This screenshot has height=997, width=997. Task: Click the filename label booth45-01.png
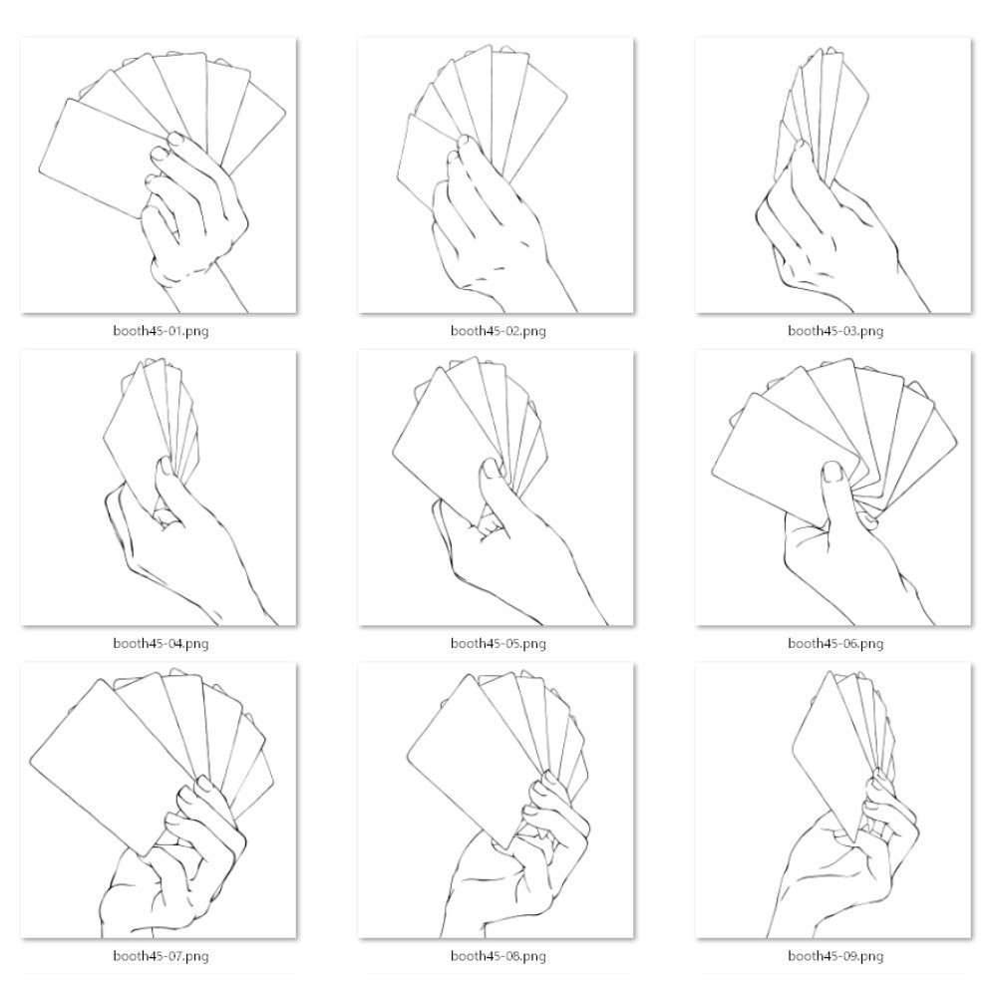pos(161,331)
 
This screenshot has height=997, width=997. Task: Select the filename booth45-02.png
pos(498,331)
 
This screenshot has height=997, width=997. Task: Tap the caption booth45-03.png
pos(835,331)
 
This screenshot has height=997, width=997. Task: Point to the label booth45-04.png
pos(161,643)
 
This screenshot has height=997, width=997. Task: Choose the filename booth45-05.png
pos(498,643)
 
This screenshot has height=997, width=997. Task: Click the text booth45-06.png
pos(835,643)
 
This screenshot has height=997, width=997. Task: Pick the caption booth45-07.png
pos(161,956)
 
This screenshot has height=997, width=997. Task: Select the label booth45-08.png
pos(498,956)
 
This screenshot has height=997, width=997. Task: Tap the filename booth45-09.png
pos(835,956)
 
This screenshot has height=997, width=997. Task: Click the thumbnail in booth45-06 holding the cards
pos(832,473)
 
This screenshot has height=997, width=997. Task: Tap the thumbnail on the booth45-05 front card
pos(492,468)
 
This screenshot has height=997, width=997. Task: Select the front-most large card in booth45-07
pos(112,766)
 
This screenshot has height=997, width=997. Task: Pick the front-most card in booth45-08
pos(474,760)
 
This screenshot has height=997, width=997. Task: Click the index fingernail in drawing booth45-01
pos(175,139)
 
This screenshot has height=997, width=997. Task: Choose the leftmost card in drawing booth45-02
pos(423,163)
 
